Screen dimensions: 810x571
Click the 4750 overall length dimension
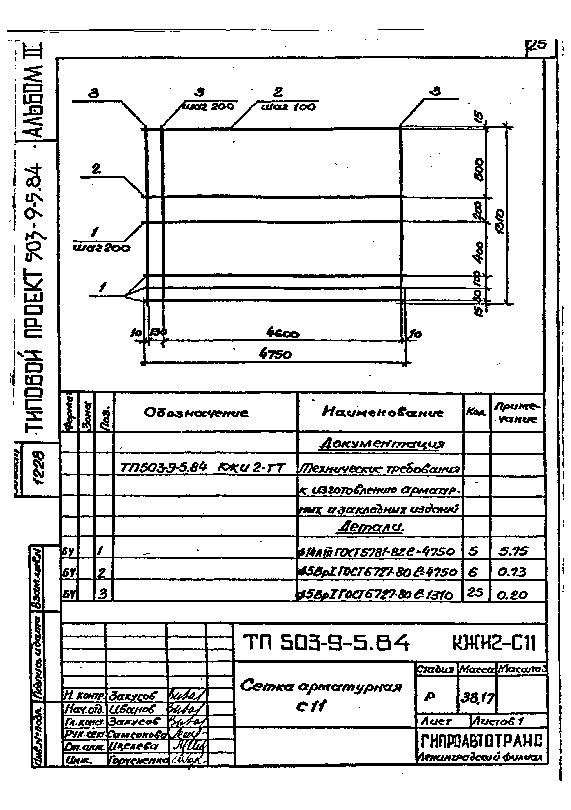(275, 354)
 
